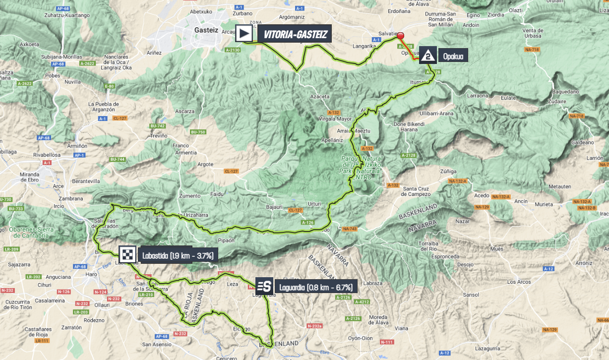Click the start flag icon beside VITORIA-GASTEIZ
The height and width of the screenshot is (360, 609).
[244, 34]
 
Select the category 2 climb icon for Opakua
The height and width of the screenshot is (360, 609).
[427, 56]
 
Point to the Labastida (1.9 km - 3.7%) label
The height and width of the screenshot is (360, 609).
[177, 256]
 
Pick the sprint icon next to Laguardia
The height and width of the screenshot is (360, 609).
[264, 286]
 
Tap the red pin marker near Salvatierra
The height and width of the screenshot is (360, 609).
[401, 36]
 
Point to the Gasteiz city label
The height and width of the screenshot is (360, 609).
[206, 30]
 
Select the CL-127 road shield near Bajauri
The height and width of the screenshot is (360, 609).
[296, 210]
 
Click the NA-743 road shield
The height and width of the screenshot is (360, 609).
[350, 229]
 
